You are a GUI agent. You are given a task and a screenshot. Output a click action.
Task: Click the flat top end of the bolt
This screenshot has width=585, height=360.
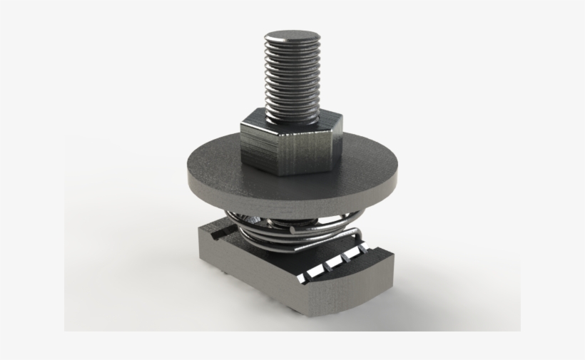pos(292,35)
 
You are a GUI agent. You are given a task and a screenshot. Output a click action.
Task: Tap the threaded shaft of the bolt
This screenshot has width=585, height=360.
pos(291,78)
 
